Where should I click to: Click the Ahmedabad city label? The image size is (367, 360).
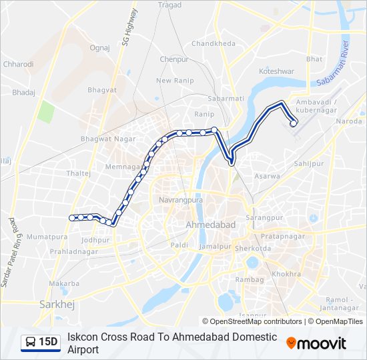pos(211,225)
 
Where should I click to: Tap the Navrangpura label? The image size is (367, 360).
pos(180,200)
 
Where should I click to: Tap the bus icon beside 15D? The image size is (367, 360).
pos(30,342)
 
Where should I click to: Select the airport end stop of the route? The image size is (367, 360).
pos(293,123)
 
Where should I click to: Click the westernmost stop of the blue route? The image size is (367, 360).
pos(72,217)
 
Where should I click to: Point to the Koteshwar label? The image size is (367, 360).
pos(276,70)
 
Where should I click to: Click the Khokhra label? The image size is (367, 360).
pos(287,274)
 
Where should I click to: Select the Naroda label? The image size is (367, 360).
pos(348,121)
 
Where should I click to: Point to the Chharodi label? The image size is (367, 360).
pos(18,65)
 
